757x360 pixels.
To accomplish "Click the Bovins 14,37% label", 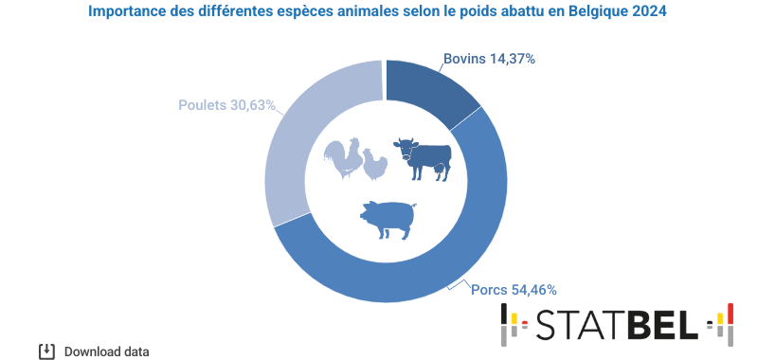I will click(489, 59).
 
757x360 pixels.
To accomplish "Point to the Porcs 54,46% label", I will click(514, 289).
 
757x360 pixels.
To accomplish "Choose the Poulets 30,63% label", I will click(226, 104).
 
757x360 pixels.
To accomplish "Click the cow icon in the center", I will click(422, 157).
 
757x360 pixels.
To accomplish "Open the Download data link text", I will click(106, 351).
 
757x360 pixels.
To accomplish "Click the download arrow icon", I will click(46, 351).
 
